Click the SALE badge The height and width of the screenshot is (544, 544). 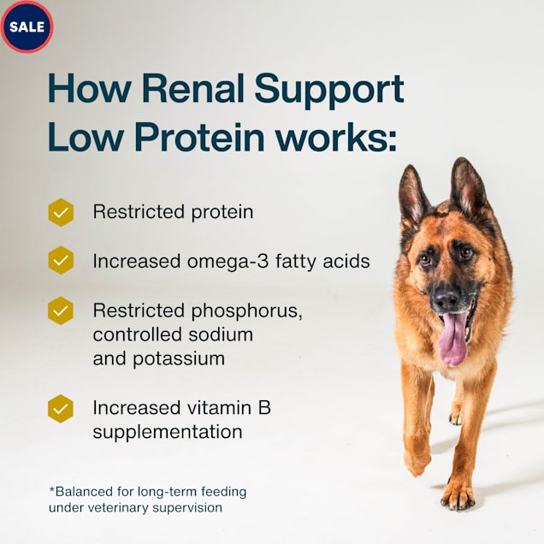[x=27, y=27]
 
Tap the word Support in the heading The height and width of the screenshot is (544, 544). [x=329, y=91]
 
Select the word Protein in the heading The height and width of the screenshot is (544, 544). [x=199, y=137]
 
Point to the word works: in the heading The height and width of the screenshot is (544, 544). [x=336, y=137]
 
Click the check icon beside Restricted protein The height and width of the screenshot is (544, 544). [x=61, y=212]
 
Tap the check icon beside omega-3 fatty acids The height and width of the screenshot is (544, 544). [x=61, y=260]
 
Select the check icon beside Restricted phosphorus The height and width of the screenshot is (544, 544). [x=61, y=310]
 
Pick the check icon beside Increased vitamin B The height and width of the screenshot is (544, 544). [x=61, y=408]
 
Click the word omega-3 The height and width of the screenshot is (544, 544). [x=228, y=262]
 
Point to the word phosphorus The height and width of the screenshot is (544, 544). [x=246, y=311]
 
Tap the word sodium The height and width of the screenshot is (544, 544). [x=221, y=334]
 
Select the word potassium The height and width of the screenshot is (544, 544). [x=179, y=359]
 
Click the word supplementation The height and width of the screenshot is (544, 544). [x=168, y=433]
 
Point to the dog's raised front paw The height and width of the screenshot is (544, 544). [x=417, y=458]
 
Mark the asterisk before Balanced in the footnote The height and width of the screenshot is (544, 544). [x=51, y=489]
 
